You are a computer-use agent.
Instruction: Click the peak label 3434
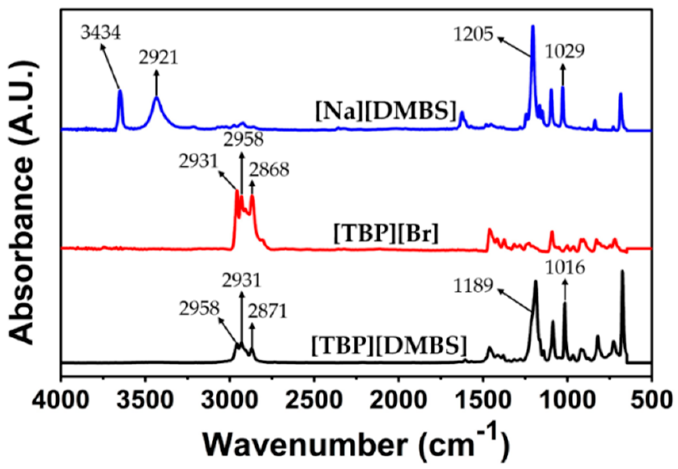[100, 33]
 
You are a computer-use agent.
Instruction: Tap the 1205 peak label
[475, 34]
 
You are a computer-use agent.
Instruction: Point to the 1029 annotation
[565, 51]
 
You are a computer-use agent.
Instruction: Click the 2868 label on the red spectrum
[269, 170]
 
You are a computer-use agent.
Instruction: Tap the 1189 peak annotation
[474, 285]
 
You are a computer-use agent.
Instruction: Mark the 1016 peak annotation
[565, 268]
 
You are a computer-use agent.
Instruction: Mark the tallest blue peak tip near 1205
[533, 26]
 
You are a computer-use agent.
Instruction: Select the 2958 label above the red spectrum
[243, 140]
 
